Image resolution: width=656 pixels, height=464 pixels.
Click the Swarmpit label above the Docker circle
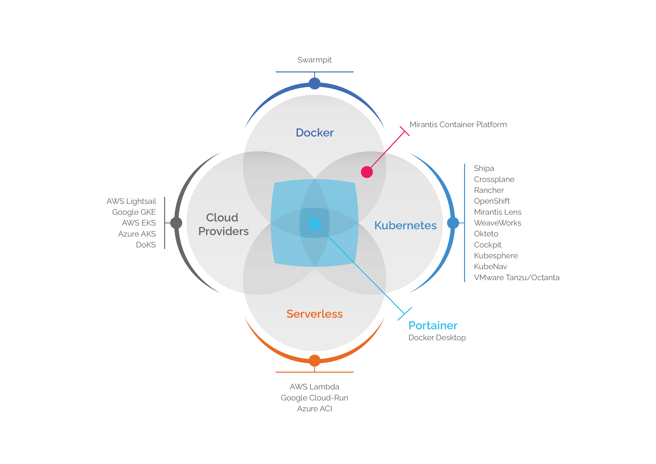(314, 60)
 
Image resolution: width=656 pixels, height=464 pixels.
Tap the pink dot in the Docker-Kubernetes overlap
(367, 172)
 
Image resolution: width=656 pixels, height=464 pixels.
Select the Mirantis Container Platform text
(458, 125)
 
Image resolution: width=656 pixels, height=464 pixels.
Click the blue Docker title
(315, 133)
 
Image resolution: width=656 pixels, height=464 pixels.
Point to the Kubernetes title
(405, 225)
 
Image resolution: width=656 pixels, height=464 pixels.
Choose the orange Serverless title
(315, 314)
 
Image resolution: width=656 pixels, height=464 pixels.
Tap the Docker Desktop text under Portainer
(437, 338)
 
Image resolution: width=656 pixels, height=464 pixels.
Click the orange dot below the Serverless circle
(315, 361)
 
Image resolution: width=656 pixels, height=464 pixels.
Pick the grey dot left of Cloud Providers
(176, 223)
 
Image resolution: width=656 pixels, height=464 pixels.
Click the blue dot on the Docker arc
(315, 83)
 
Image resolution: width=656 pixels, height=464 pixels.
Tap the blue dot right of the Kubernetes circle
(453, 223)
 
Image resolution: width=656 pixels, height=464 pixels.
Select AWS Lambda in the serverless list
(314, 387)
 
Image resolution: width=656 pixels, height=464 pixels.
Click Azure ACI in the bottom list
(314, 409)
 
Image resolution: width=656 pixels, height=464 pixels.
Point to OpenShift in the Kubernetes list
(492, 201)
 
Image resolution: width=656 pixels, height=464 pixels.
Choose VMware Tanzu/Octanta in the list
(516, 278)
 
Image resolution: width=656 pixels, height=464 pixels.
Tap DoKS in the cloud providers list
(146, 245)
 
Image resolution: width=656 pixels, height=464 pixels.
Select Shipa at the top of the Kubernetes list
(484, 169)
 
